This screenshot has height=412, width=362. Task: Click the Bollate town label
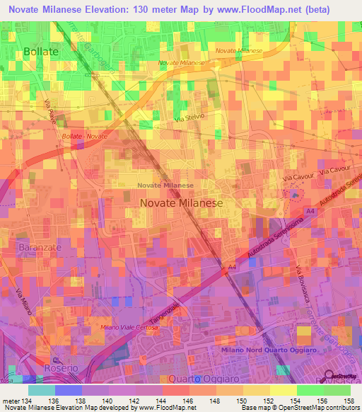(x=40, y=52)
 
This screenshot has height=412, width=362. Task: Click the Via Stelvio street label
(x=189, y=122)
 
